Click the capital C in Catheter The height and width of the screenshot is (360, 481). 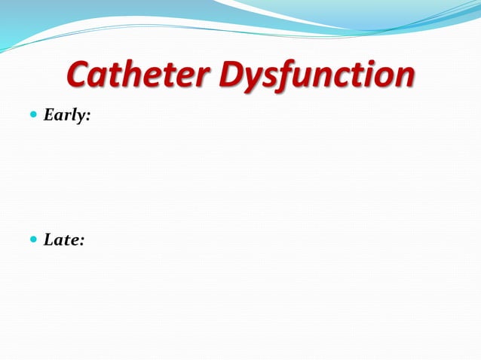tap(79, 75)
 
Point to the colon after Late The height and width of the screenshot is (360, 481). tap(82, 242)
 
